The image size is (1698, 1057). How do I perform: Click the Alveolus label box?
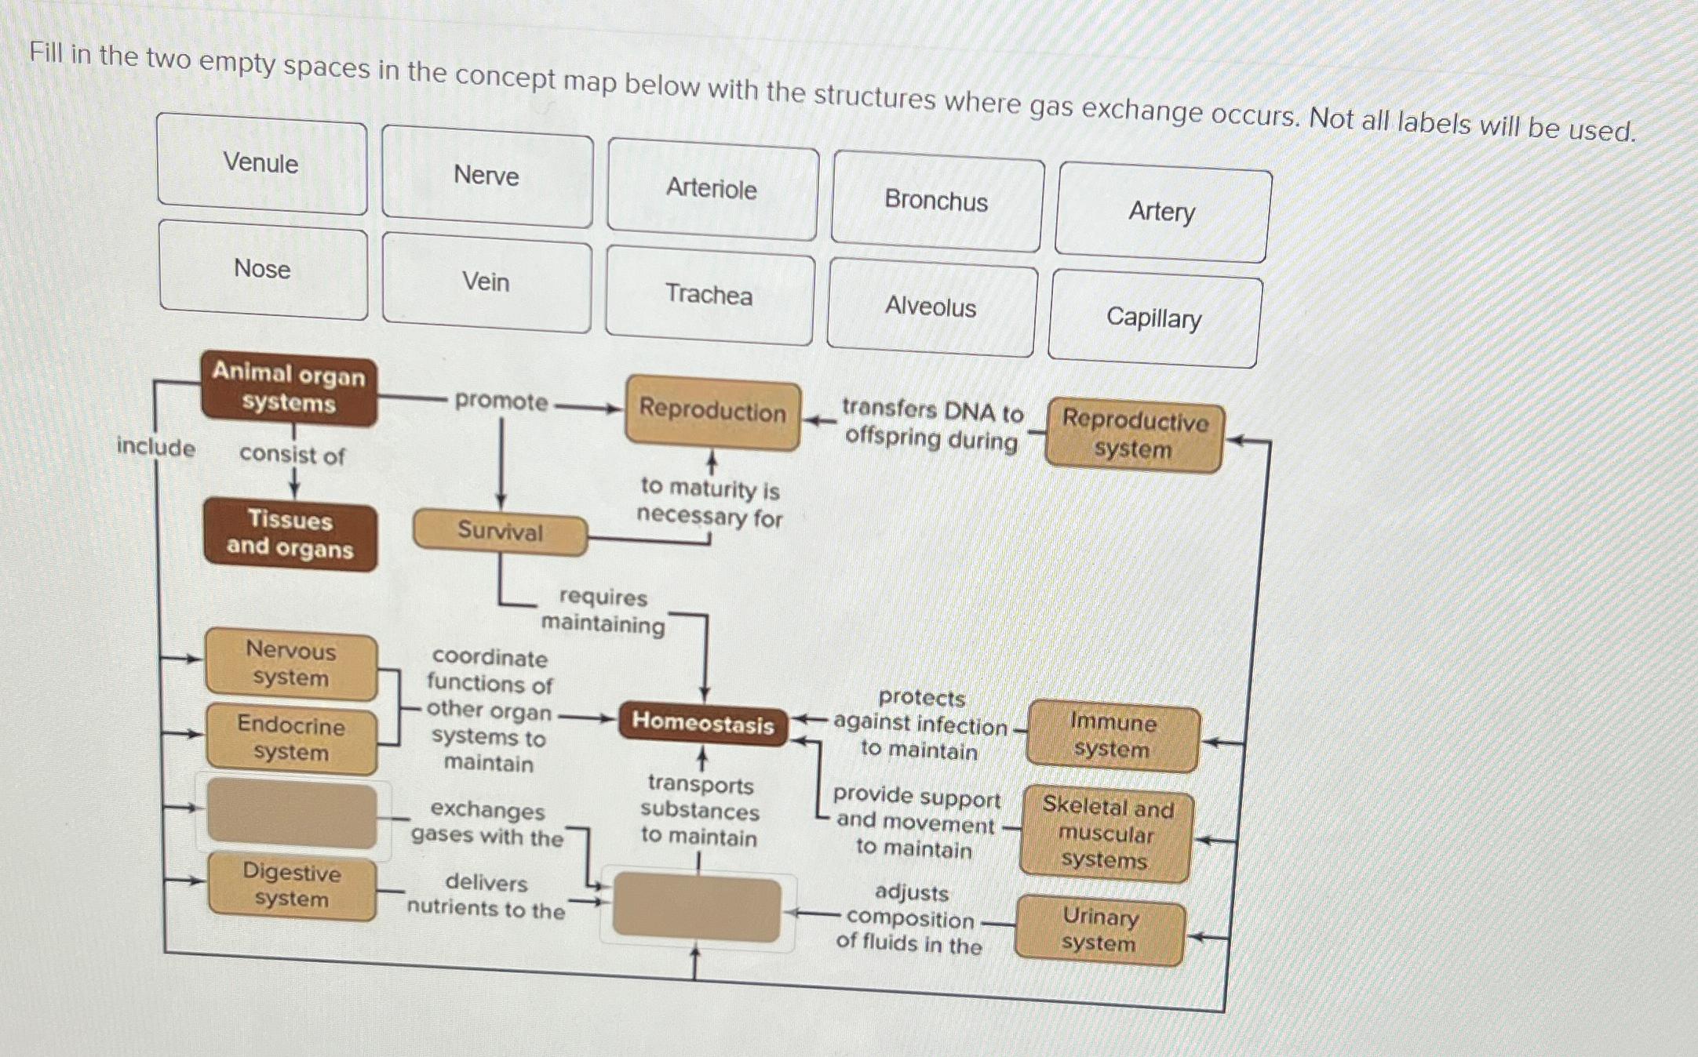tap(931, 308)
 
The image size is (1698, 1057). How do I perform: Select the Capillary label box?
tap(1153, 318)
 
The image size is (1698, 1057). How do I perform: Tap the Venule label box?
tap(261, 163)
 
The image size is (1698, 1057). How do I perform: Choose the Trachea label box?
tap(709, 295)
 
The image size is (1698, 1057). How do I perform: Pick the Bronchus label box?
tap(936, 202)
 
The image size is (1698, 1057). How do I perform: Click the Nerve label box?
tap(486, 176)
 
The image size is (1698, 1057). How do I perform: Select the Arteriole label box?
tap(712, 189)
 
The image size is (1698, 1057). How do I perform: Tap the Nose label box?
tap(263, 269)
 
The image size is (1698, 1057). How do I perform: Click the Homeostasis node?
tap(703, 722)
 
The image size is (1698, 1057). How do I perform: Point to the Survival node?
tap(500, 532)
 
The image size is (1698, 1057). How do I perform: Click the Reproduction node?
tap(712, 412)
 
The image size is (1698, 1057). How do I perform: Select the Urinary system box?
tap(1099, 931)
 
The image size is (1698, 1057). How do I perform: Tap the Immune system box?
tap(1112, 736)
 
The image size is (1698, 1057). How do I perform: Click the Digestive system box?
tap(292, 886)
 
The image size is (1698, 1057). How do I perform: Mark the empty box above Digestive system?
tap(292, 814)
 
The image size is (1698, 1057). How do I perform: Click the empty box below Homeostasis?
tap(697, 910)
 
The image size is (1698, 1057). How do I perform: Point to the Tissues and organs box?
tap(290, 535)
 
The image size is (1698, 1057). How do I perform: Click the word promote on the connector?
tap(501, 401)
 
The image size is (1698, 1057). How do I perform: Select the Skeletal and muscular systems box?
tap(1106, 834)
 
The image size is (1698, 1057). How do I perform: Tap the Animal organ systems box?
tap(289, 389)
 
